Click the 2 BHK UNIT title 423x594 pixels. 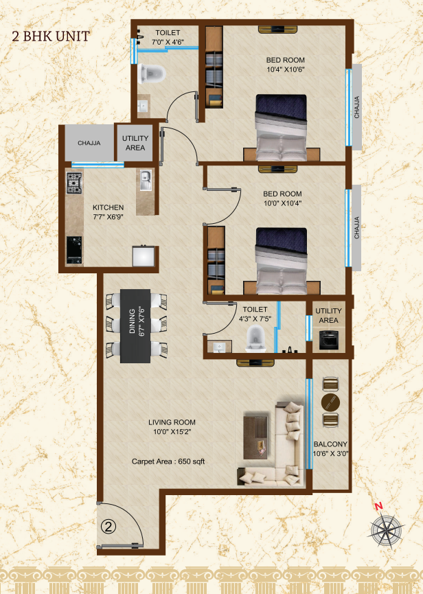(x=51, y=36)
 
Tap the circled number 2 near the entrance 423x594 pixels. (x=108, y=527)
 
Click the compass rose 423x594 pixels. (x=386, y=529)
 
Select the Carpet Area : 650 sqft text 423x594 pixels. (x=168, y=461)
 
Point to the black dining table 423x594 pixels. (x=135, y=326)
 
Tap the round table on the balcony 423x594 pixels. (x=330, y=402)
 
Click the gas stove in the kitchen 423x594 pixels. (x=74, y=183)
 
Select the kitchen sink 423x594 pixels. (x=146, y=181)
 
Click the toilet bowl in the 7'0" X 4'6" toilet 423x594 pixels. (x=152, y=73)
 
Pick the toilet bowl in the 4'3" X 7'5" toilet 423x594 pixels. (x=255, y=339)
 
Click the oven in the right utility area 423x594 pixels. (x=328, y=340)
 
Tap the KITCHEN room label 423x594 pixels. (x=108, y=207)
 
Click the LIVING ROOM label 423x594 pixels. (x=172, y=422)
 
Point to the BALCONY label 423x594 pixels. (x=330, y=444)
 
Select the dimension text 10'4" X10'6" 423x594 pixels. (x=286, y=69)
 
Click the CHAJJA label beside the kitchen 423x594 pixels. (x=89, y=143)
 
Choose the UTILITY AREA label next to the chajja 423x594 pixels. (x=135, y=143)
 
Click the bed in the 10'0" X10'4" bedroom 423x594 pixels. (x=282, y=261)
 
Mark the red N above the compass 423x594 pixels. (x=378, y=506)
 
